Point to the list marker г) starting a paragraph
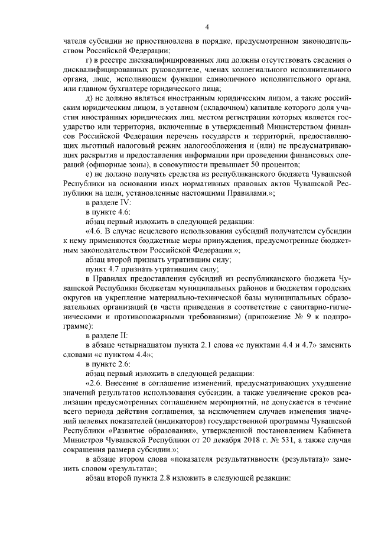(x=89, y=60)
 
